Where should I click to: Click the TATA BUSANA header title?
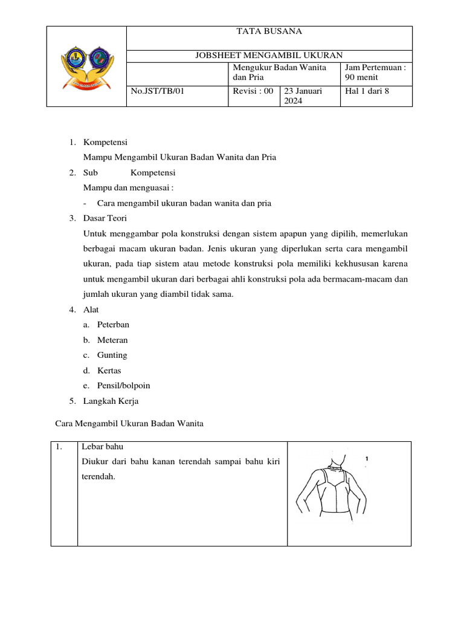pos(269,32)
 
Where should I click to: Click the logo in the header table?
pos(86,66)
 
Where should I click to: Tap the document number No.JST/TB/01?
pos(156,91)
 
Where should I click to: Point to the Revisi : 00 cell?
pos(253,91)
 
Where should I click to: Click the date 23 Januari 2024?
pos(303,96)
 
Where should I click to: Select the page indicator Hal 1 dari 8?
pos(367,91)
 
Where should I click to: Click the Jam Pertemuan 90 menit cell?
pos(375,73)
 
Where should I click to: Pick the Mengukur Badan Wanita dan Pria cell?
pos(279,73)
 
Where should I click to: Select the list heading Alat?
pos(91,309)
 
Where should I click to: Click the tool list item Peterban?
pos(113,325)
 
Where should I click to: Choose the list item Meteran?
pos(112,340)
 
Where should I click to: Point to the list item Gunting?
pos(112,355)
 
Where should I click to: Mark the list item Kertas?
pos(109,370)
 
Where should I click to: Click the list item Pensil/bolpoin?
pos(123,385)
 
